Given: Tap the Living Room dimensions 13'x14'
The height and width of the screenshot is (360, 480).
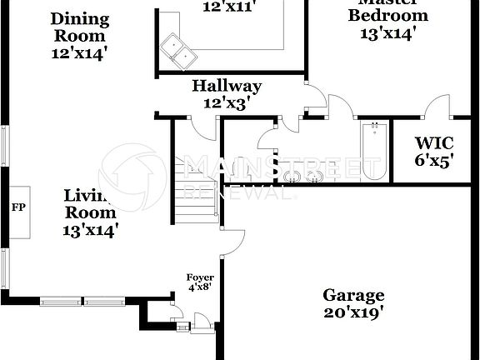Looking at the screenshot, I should [90, 229].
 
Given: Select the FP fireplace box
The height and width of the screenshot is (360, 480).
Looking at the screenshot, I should [17, 207].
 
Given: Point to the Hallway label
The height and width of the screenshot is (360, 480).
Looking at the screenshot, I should [227, 86].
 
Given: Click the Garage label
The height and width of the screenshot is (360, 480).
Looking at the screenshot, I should [353, 295].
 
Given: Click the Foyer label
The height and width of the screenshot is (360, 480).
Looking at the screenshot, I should [199, 277].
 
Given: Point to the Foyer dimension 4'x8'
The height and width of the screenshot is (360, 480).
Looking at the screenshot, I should [199, 288].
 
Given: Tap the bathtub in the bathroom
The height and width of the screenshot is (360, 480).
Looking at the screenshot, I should [372, 152].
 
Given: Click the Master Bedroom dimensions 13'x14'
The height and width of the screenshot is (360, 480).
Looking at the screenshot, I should [387, 33].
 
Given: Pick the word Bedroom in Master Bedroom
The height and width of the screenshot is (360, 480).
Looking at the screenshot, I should [387, 16].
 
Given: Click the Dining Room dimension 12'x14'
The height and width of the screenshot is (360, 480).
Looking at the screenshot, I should [79, 53].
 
